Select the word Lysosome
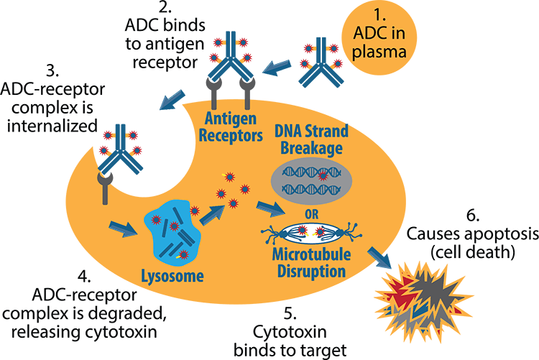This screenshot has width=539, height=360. click(x=171, y=275)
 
